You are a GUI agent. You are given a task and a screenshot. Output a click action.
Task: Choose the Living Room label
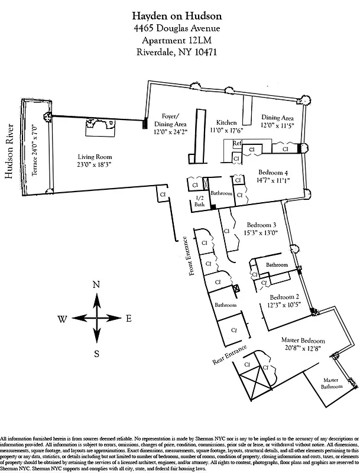[x=95, y=161]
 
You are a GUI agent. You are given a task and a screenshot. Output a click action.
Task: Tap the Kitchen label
[x=227, y=121]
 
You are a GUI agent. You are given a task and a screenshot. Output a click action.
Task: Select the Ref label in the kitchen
[x=237, y=144]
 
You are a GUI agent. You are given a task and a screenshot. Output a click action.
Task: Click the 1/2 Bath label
[x=199, y=202]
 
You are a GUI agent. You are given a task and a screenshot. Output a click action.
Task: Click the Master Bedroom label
[x=304, y=345]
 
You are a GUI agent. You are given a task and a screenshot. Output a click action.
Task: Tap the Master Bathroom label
[x=332, y=383]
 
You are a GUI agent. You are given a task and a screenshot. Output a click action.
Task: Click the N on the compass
[x=96, y=284]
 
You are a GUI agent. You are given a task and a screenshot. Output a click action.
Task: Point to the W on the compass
[x=62, y=319]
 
